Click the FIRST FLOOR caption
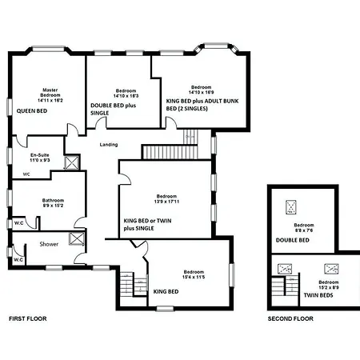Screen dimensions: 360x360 click(x=28, y=318)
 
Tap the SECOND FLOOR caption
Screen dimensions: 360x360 click(x=290, y=318)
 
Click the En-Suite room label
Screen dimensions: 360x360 click(x=40, y=158)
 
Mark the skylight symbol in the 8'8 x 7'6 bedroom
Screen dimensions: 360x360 click(x=288, y=206)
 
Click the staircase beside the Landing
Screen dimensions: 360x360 click(x=170, y=150)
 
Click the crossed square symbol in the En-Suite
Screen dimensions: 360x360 click(x=72, y=162)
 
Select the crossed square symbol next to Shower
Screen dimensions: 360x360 click(x=78, y=238)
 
